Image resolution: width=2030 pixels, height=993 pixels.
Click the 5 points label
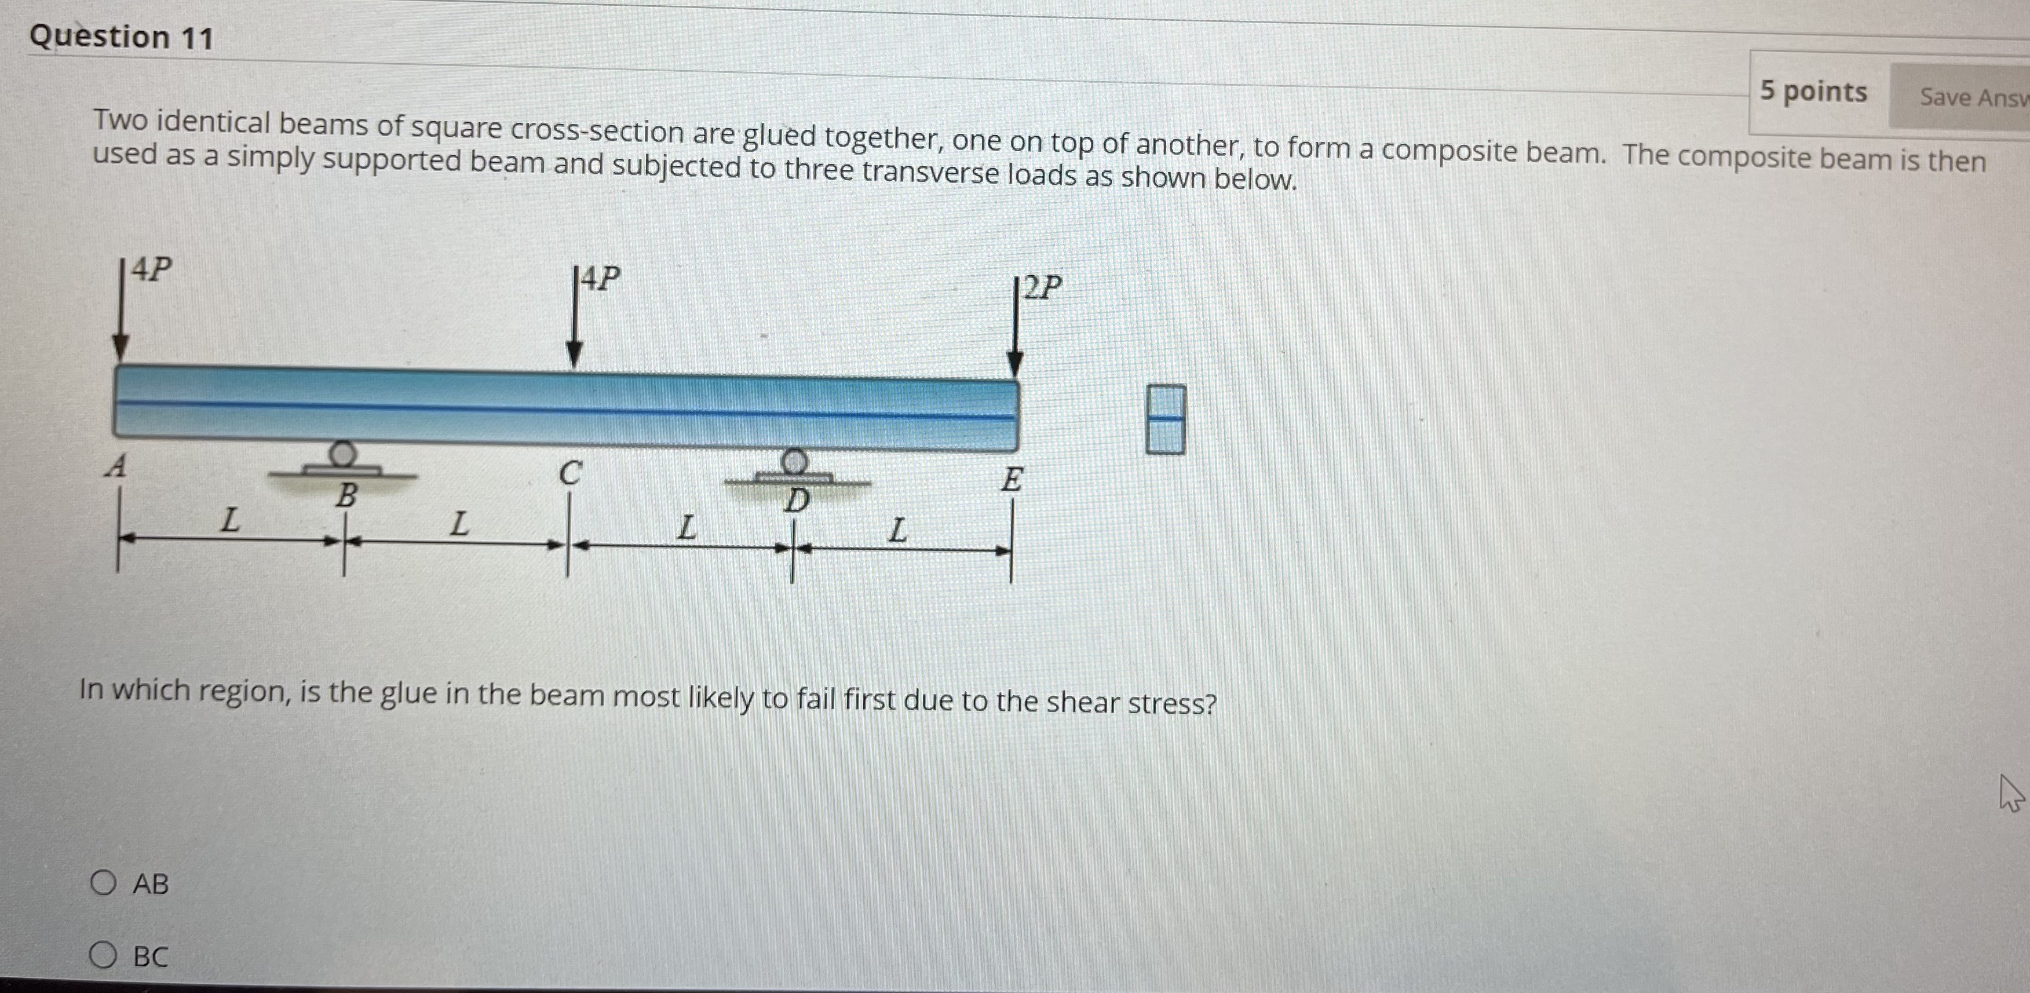1813,92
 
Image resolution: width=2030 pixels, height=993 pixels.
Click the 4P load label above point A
151,269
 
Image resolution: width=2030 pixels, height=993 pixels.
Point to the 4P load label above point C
600,278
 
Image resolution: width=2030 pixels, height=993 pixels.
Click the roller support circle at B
343,454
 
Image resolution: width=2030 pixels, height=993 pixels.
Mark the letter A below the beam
116,466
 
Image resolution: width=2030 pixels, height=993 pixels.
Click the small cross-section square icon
1164,419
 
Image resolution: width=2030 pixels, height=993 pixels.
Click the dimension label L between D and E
897,530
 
